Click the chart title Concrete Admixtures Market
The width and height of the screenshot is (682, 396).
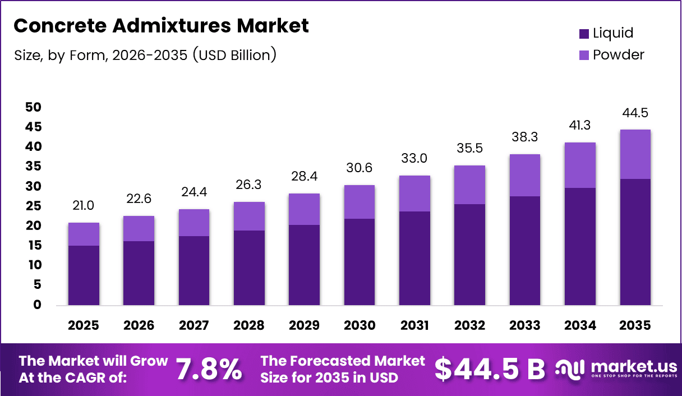point(161,26)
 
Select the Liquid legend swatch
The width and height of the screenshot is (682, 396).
point(584,34)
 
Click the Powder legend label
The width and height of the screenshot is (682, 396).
point(619,54)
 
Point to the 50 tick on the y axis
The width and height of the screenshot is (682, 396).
point(33,107)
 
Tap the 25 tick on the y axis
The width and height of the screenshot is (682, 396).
point(33,206)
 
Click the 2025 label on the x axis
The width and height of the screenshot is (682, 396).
point(84,326)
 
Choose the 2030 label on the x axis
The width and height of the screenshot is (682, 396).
point(360,326)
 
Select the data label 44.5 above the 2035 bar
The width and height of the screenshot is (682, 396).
point(635,113)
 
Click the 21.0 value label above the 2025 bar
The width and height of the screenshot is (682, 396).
point(84,206)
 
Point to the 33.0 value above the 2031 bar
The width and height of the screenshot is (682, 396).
point(414,159)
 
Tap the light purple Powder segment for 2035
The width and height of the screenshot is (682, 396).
point(635,154)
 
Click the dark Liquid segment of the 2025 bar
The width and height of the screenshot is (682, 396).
point(84,275)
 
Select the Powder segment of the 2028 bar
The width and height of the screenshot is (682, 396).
point(249,216)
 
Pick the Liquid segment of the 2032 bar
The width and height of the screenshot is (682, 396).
point(469,255)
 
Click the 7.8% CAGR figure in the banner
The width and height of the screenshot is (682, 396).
point(209,369)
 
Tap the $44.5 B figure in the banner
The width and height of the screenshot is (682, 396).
point(490,369)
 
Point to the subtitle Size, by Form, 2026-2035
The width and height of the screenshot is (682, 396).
point(145,55)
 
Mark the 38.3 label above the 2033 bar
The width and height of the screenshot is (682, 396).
point(525,137)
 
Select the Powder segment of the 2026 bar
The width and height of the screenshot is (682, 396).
point(139,228)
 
